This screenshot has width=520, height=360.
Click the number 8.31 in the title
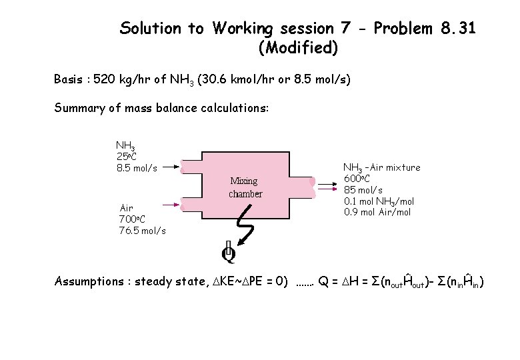pyautogui.click(x=459, y=29)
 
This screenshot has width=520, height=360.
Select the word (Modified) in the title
pyautogui.click(x=297, y=48)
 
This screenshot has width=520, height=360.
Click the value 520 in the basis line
pyautogui.click(x=105, y=79)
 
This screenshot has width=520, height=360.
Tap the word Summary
pyautogui.click(x=79, y=108)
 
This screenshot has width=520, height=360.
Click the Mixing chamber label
pyautogui.click(x=246, y=187)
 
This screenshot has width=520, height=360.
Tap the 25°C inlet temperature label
pyautogui.click(x=127, y=156)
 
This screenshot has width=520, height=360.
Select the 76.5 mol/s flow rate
pyautogui.click(x=142, y=230)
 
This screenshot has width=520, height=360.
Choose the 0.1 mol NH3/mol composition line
pyautogui.click(x=379, y=201)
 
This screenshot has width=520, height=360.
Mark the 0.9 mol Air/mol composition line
pyautogui.click(x=377, y=212)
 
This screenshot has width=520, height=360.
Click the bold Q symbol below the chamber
pyautogui.click(x=229, y=253)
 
